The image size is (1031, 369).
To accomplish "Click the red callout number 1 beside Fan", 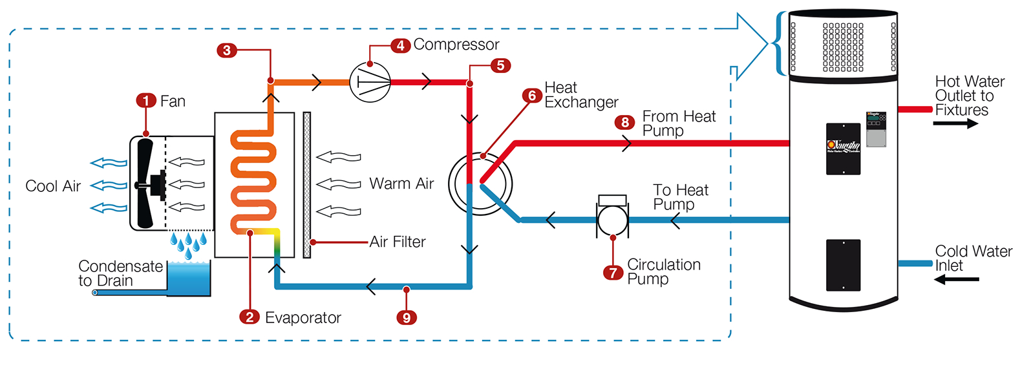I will coord(146,101).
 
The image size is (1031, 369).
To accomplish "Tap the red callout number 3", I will coord(227,50).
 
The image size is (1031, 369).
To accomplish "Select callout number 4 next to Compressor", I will coord(400,45).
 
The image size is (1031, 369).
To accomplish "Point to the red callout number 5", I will coord(500,66).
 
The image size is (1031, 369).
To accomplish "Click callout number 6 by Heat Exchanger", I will coord(532,96).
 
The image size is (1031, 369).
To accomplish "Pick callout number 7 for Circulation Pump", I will coord(613,273).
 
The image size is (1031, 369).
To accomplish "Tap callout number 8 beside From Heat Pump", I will coord(624,122).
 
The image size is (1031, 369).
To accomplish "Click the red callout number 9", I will coord(407,317).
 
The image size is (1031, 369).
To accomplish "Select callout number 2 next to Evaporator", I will coord(250,317).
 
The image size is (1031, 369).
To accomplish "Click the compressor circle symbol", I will coord(370,82).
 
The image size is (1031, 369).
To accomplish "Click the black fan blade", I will coord(145,184).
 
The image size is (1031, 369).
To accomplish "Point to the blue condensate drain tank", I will coord(189,279).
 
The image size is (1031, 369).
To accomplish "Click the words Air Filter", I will coord(398,242).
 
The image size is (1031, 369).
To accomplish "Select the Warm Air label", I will coord(401,184).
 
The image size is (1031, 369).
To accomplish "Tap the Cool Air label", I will coord(53,186).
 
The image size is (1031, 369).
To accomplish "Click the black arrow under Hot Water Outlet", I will coord(955,123).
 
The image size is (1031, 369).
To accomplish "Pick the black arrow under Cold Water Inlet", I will coord(957,280).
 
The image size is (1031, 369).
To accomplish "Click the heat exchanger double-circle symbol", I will coord(480,184).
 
